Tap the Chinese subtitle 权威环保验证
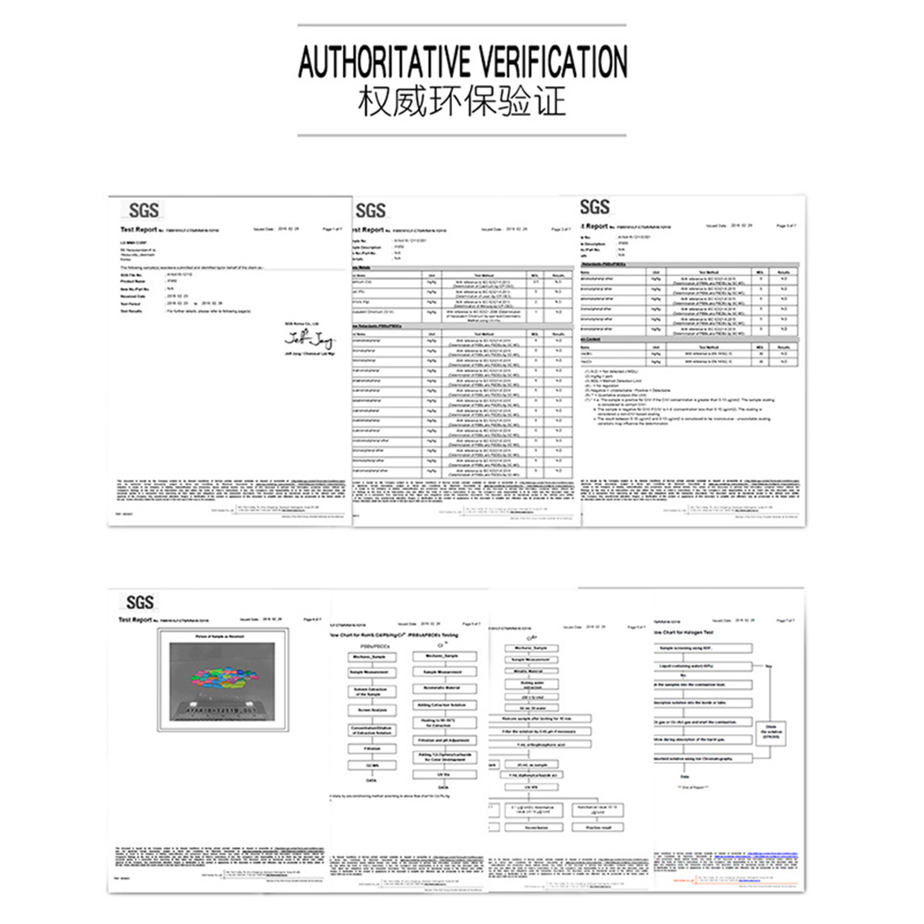(x=461, y=102)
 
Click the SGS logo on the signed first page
(x=143, y=210)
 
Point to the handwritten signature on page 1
(x=308, y=338)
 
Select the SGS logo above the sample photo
(x=140, y=602)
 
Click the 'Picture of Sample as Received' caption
(x=219, y=636)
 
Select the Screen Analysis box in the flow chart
(x=372, y=710)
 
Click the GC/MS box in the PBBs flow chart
(x=372, y=765)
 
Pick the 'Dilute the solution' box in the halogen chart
(x=771, y=732)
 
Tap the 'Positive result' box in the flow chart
(x=597, y=828)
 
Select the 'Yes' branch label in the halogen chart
(x=768, y=666)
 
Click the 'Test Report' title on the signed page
(x=138, y=230)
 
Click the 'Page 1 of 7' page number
(x=332, y=229)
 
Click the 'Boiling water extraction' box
(x=532, y=685)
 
